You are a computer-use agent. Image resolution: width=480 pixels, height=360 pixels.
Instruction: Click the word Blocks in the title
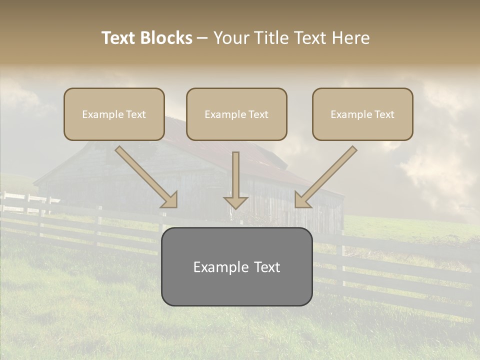[166, 38]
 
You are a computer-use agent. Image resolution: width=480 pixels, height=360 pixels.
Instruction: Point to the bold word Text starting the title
[119, 38]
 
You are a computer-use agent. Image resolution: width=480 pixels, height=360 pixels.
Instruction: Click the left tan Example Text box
[114, 114]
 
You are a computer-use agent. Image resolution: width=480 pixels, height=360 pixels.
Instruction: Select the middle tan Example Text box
[236, 114]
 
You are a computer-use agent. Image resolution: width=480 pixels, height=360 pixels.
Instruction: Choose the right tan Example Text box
[362, 114]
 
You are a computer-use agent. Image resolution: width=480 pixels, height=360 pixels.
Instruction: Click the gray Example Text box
[236, 266]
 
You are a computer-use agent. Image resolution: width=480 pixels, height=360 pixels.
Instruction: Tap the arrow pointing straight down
[236, 177]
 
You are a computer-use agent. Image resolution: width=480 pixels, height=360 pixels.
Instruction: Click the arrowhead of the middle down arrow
[236, 202]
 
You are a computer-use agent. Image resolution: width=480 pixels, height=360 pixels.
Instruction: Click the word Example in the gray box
[218, 267]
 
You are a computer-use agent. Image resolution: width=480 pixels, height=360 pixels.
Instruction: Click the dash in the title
[202, 38]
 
